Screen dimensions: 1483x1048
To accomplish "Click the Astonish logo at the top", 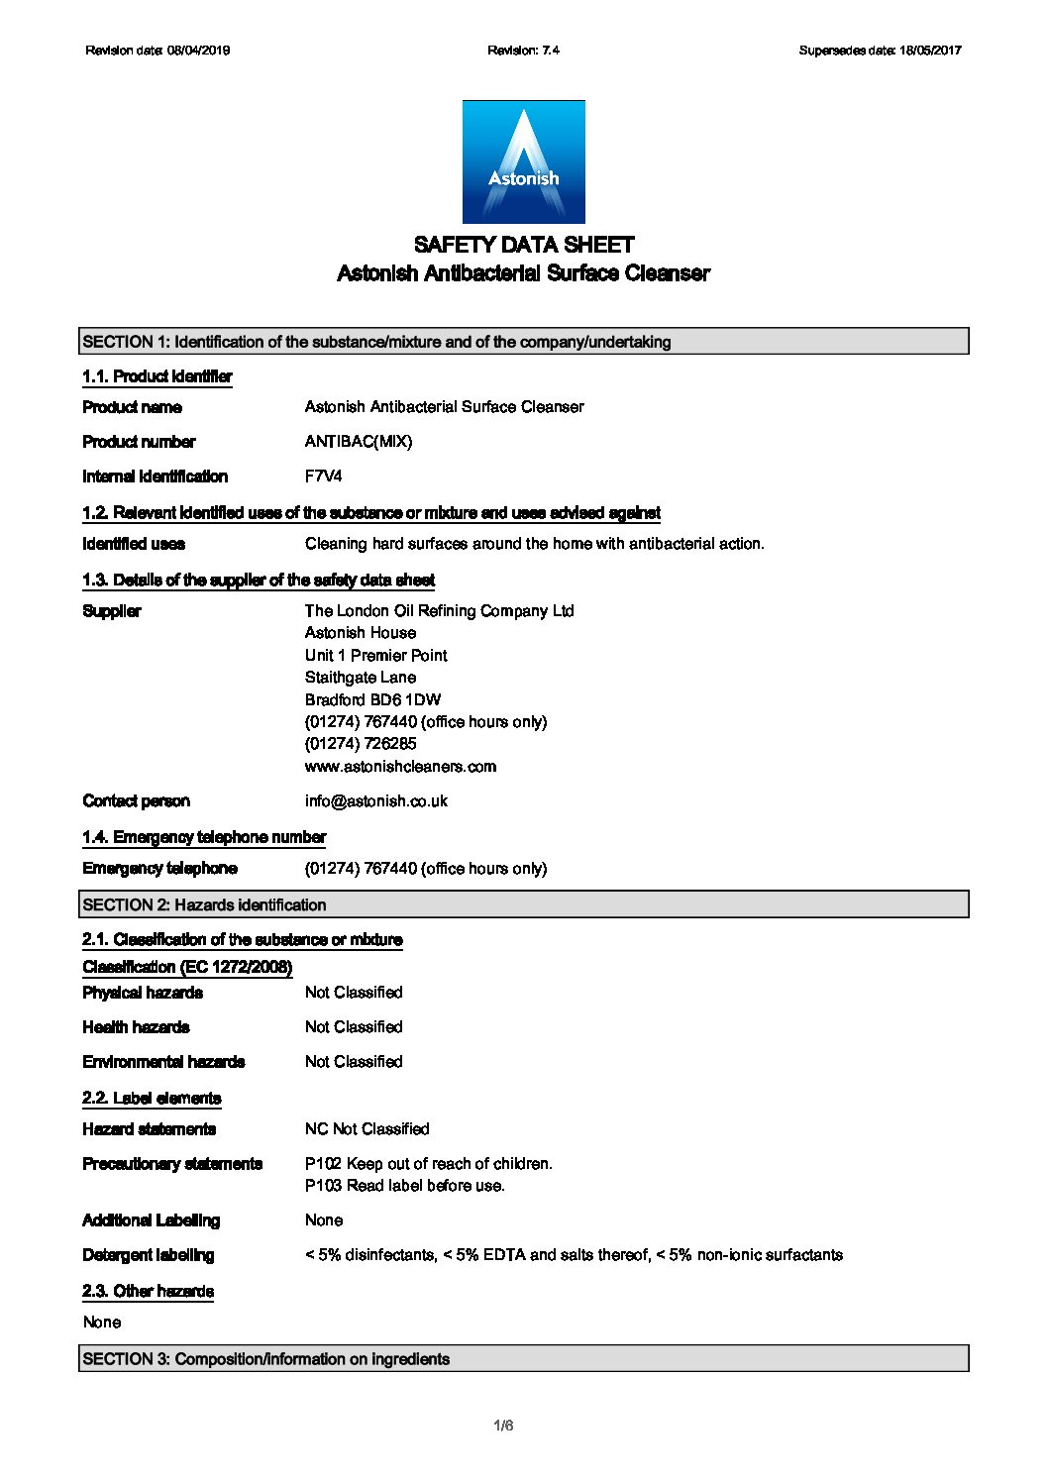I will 523,161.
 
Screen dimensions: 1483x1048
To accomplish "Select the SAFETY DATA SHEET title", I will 523,245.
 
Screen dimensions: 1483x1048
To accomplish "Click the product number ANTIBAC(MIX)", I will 359,442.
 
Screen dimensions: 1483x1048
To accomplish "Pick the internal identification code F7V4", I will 323,477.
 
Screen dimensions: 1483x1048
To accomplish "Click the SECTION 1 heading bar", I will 523,342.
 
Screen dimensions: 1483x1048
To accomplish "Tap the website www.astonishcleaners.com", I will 400,767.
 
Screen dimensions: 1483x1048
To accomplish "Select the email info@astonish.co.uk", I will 375,801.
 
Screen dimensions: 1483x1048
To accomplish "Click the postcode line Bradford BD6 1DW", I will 372,700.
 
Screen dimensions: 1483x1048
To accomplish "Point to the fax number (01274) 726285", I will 361,744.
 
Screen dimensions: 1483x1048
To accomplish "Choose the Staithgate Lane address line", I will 361,678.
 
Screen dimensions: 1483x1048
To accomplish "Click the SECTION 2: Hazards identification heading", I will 523,904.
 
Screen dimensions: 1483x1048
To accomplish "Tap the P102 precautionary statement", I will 428,1164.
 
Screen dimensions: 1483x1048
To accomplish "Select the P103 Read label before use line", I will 404,1186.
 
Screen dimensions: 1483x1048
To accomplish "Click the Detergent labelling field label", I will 149,1255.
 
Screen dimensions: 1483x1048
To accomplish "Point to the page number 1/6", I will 503,1427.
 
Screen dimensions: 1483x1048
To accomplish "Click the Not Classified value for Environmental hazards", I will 354,1062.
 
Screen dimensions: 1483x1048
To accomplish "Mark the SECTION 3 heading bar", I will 523,1359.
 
